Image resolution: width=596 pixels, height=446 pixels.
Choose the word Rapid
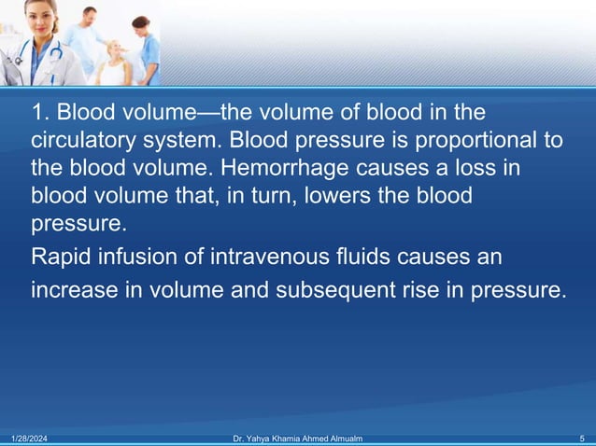[x=60, y=256]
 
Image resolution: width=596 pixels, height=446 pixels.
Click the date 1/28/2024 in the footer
[x=27, y=438]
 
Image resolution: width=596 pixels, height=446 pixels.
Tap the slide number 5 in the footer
[x=582, y=438]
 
